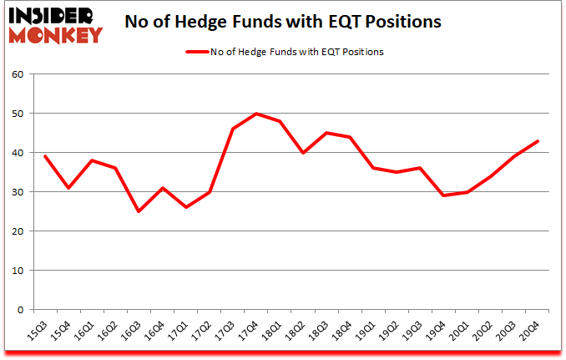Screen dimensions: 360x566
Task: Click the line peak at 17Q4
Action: point(256,114)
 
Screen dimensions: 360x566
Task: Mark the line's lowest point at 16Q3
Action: point(139,211)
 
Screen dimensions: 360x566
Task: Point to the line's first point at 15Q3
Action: point(45,156)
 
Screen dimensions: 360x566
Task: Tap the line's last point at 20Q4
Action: point(537,140)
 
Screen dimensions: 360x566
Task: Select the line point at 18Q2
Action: point(303,153)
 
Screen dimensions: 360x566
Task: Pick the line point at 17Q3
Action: point(233,129)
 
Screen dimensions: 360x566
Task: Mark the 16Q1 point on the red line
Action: point(92,160)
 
